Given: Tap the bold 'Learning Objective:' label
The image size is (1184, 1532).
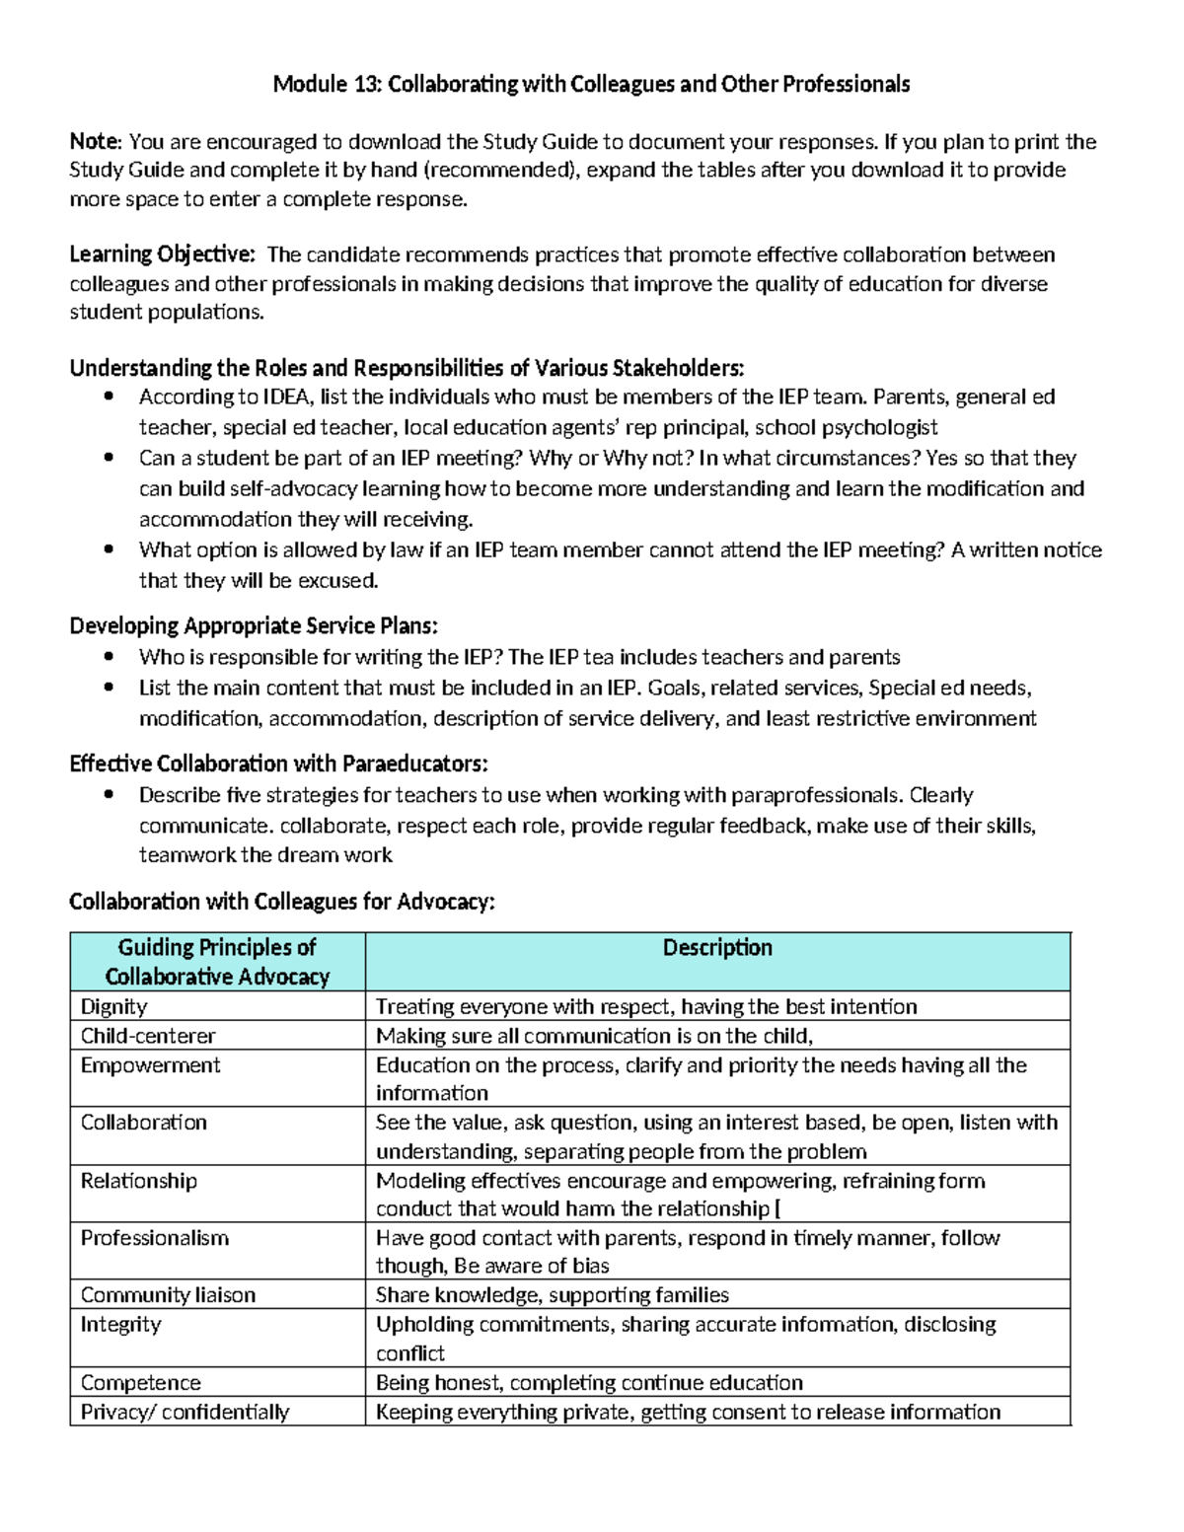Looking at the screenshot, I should pos(162,255).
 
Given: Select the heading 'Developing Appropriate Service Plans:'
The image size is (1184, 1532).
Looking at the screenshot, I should pos(254,626).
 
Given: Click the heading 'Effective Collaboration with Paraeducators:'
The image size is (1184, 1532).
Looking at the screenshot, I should pos(278,764).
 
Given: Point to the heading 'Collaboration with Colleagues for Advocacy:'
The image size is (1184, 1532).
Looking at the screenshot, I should pos(281,902).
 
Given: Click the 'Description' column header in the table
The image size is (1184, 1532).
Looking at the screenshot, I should pos(717,948).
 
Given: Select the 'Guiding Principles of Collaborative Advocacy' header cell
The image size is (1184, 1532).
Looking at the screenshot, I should pos(217,962).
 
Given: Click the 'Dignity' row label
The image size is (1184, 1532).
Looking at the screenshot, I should pos(113,1006).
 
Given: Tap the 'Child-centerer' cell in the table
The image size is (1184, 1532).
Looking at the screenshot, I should pos(148,1036).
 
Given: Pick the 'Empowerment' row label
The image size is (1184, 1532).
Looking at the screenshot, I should pos(150,1065).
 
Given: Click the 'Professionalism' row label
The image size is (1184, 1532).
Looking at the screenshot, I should pos(154,1238).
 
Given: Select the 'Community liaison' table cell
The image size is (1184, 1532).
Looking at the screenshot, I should pos(168,1295).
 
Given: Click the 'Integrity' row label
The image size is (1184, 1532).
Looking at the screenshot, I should pos(120,1324).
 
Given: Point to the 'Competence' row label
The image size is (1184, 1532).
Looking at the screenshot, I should pos(140,1383).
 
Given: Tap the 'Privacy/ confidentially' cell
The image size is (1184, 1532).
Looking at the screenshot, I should pos(185,1413).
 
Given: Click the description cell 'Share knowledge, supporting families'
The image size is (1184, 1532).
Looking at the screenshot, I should pos(553,1295).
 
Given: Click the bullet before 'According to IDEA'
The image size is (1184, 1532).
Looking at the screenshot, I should pos(110,398).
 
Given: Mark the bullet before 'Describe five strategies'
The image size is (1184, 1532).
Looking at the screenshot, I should pos(110,795).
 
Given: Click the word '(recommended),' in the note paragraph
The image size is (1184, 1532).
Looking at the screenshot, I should pos(505,170).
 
